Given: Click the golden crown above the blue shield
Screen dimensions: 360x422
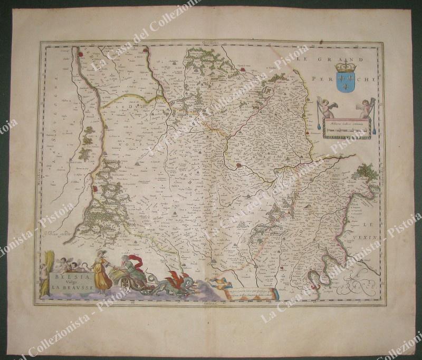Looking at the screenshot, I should pyautogui.click(x=346, y=66).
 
